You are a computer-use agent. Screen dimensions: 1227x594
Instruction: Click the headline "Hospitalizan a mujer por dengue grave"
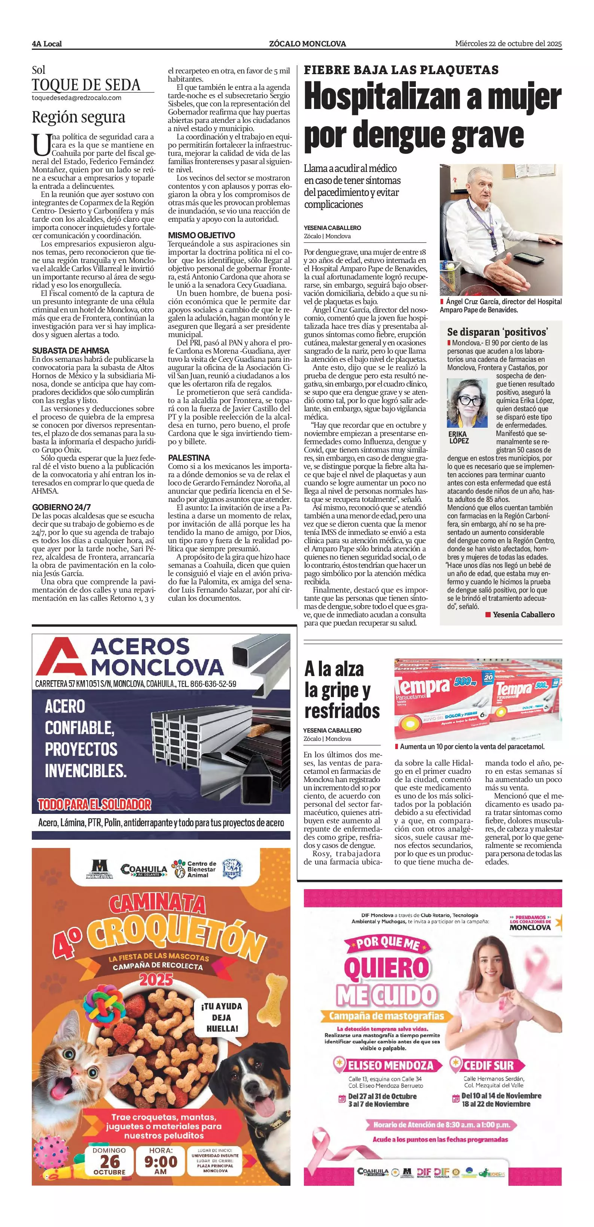(x=432, y=117)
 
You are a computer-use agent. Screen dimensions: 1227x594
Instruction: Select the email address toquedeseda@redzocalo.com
(x=76, y=98)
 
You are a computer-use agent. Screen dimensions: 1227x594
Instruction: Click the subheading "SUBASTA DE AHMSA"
(x=70, y=351)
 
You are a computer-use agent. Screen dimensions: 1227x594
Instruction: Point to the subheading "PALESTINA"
(x=189, y=458)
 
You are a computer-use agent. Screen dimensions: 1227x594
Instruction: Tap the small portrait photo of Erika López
(x=467, y=403)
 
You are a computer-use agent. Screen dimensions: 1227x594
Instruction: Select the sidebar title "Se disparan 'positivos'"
(x=497, y=332)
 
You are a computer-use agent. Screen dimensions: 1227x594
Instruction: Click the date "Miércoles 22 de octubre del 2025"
(x=508, y=44)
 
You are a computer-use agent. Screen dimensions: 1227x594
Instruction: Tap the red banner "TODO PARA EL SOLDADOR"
(x=94, y=805)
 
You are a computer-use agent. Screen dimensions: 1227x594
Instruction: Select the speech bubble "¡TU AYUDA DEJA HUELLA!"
(x=221, y=1017)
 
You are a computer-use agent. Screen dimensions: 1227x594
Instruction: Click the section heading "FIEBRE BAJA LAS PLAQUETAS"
(x=401, y=70)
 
